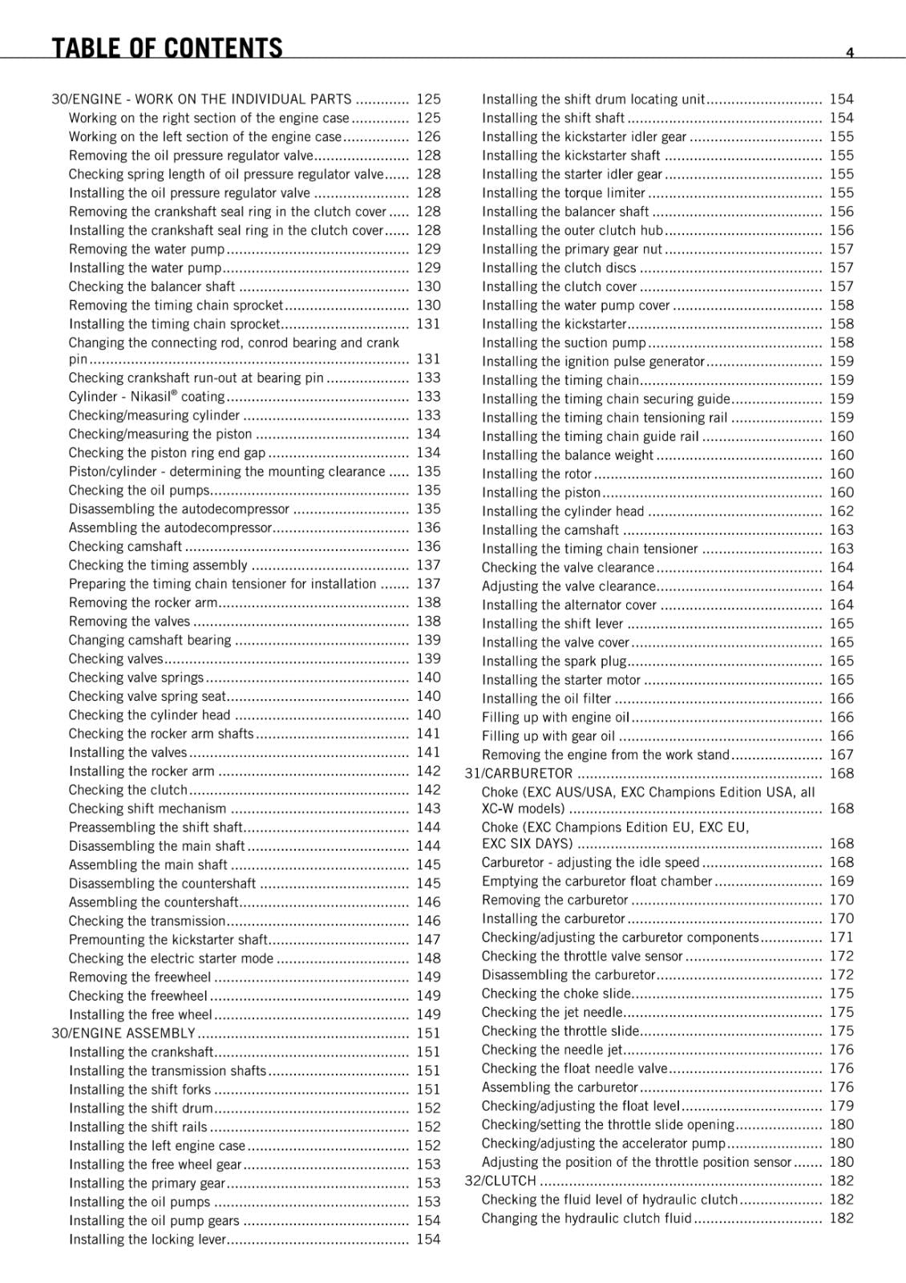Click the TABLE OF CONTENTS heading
[167, 48]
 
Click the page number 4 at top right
[850, 53]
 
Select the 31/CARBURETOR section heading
[519, 774]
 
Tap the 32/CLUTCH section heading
[500, 1181]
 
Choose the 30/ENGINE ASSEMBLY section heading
[123, 1034]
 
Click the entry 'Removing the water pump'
[147, 249]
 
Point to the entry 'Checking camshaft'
[125, 547]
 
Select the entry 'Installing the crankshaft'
[141, 1052]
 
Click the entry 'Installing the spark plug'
[554, 662]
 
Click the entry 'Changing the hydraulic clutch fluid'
[586, 1219]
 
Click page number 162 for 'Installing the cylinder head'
[841, 512]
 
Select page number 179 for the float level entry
[841, 1107]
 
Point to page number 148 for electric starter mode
[428, 959]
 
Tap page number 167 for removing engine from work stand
[841, 755]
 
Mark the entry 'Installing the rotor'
[536, 474]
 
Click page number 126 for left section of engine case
[428, 137]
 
